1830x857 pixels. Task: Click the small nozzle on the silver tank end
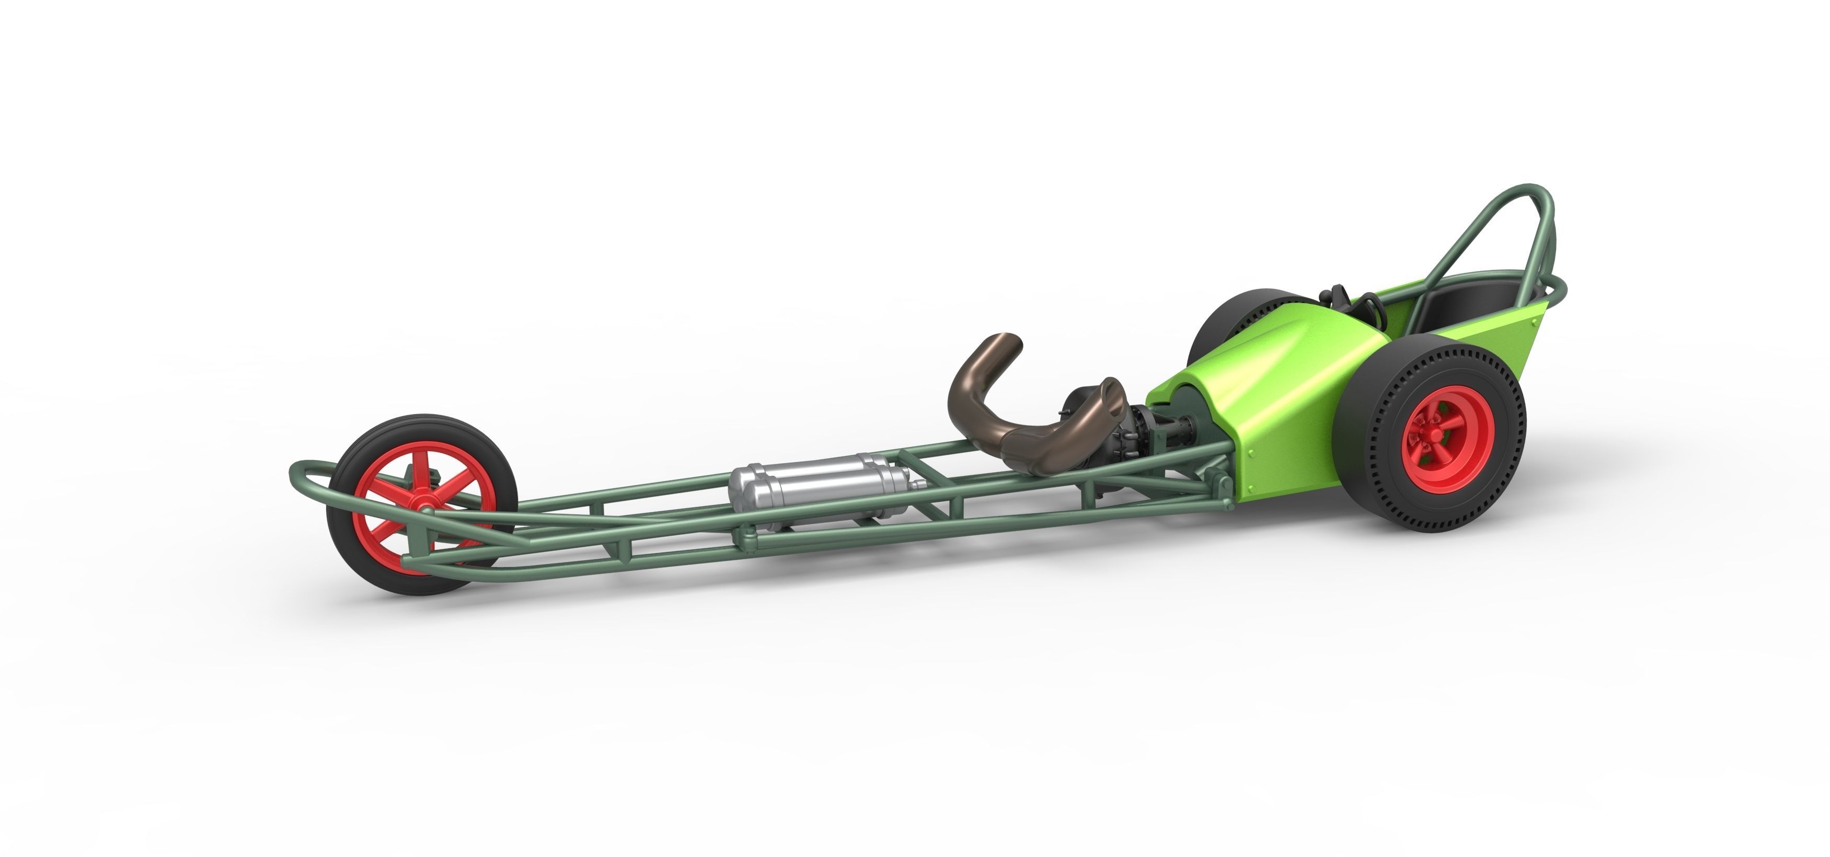tap(922, 486)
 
